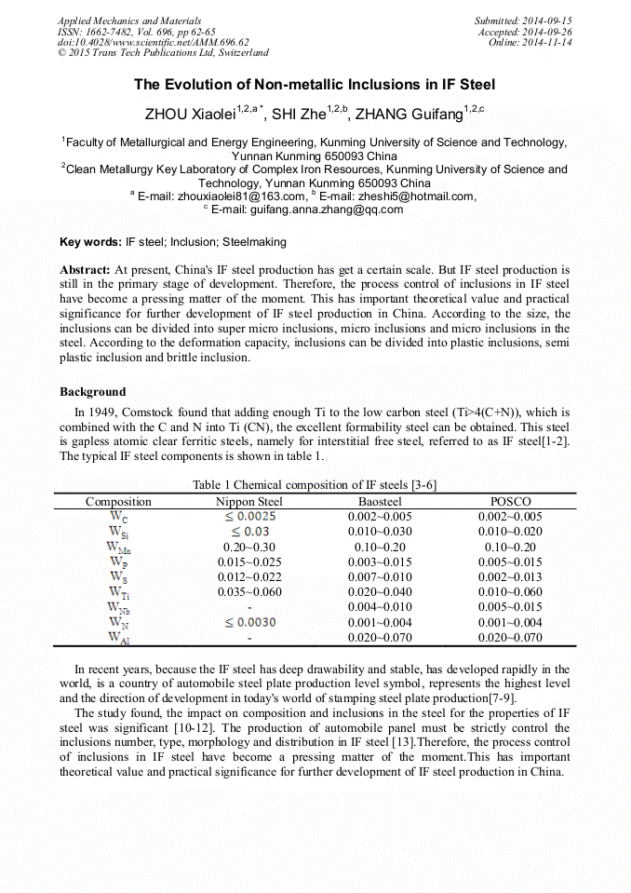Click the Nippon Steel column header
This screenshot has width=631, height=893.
pos(249,502)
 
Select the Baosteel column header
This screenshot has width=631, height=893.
pos(380,502)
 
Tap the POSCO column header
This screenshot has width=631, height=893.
pos(510,502)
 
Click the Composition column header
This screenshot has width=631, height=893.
pos(118,502)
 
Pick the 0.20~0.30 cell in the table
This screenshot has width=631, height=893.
pos(249,547)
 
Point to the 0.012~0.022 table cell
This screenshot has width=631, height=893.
pos(249,577)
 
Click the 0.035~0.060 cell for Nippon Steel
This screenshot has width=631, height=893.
pos(249,592)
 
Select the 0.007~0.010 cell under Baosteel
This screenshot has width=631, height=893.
pos(380,577)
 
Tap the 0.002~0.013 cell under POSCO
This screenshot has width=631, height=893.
pos(510,577)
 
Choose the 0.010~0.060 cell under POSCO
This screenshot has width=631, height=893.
pos(510,592)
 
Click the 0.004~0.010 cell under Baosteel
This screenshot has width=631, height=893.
pos(380,607)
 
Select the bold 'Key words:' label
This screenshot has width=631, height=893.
pos(90,242)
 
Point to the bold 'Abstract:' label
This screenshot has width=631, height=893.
pos(85,269)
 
